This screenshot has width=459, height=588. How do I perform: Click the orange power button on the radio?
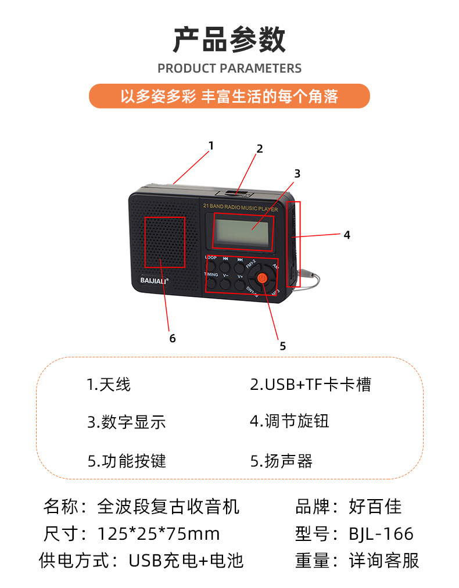coord(263,278)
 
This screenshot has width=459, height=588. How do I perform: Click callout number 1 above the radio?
coord(211,145)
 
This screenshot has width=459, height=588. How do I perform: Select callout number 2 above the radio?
coord(260,148)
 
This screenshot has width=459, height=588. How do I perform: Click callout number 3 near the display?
coord(297,173)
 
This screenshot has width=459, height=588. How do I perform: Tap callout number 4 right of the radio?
coord(347,235)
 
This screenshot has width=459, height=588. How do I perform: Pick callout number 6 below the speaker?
coord(173,338)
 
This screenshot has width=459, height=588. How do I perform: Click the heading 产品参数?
coord(229,40)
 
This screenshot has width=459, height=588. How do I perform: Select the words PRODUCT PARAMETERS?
coord(229,68)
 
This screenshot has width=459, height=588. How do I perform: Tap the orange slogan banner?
coord(229,96)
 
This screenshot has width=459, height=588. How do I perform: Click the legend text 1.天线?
coord(109,384)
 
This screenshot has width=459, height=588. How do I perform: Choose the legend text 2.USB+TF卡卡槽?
coord(310,384)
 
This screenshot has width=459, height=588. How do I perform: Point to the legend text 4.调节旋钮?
coord(289,421)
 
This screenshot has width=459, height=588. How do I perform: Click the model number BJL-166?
coord(381,533)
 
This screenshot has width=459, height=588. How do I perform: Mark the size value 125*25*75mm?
coord(159,533)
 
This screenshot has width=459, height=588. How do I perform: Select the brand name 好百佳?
coord(375,506)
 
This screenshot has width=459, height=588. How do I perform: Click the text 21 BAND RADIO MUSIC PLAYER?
coord(240,207)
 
